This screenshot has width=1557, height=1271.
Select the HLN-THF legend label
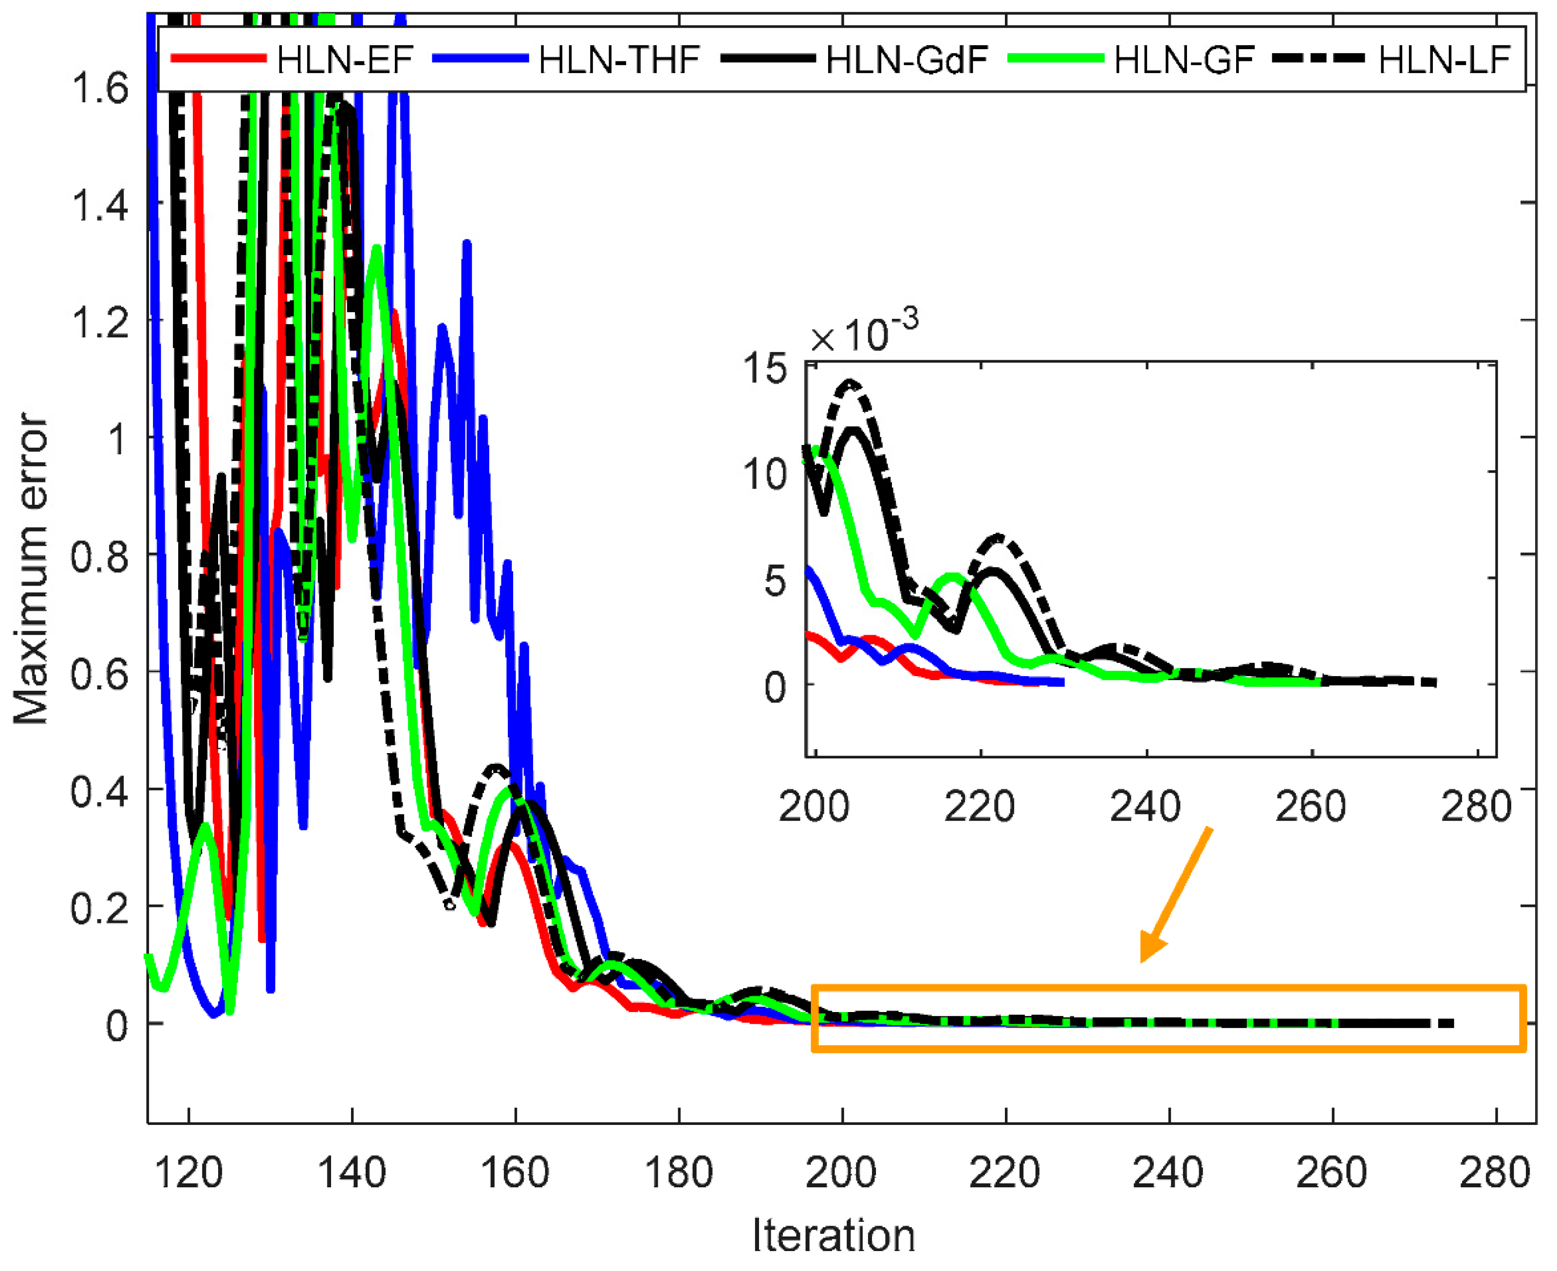[620, 60]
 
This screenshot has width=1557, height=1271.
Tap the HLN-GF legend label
[1185, 60]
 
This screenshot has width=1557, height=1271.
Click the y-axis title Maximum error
[31, 569]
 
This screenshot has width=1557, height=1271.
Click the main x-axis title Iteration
[834, 1236]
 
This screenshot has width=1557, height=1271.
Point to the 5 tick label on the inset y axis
[775, 582]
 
